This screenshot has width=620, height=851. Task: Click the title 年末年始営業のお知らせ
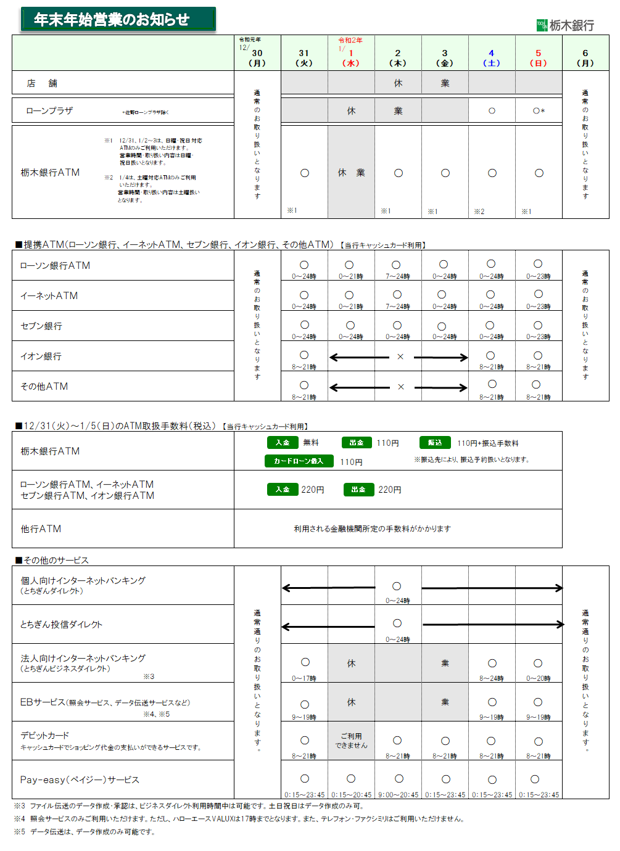112,20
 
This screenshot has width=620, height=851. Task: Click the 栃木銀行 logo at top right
565,25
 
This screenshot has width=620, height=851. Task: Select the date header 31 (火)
304,58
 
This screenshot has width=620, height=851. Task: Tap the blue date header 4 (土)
491,58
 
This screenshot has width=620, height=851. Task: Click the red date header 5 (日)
538,58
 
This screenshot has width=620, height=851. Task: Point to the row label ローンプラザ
49,111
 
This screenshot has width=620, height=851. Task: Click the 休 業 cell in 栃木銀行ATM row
351,173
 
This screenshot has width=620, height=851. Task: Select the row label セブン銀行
41,326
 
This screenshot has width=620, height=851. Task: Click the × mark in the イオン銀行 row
400,356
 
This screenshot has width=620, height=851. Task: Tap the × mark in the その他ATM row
401,387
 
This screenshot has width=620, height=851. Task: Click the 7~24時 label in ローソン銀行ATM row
397,276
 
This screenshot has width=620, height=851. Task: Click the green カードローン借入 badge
299,461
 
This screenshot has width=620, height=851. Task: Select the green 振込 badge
435,443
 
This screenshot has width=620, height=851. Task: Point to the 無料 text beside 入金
311,443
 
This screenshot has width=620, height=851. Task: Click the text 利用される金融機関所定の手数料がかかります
372,528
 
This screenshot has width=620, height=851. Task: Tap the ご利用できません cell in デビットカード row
351,741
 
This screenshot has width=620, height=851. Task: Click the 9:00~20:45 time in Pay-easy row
398,795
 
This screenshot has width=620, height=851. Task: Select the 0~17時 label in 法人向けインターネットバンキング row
304,678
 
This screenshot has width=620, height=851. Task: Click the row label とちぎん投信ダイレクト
61,624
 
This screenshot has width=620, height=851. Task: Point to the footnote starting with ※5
85,832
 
